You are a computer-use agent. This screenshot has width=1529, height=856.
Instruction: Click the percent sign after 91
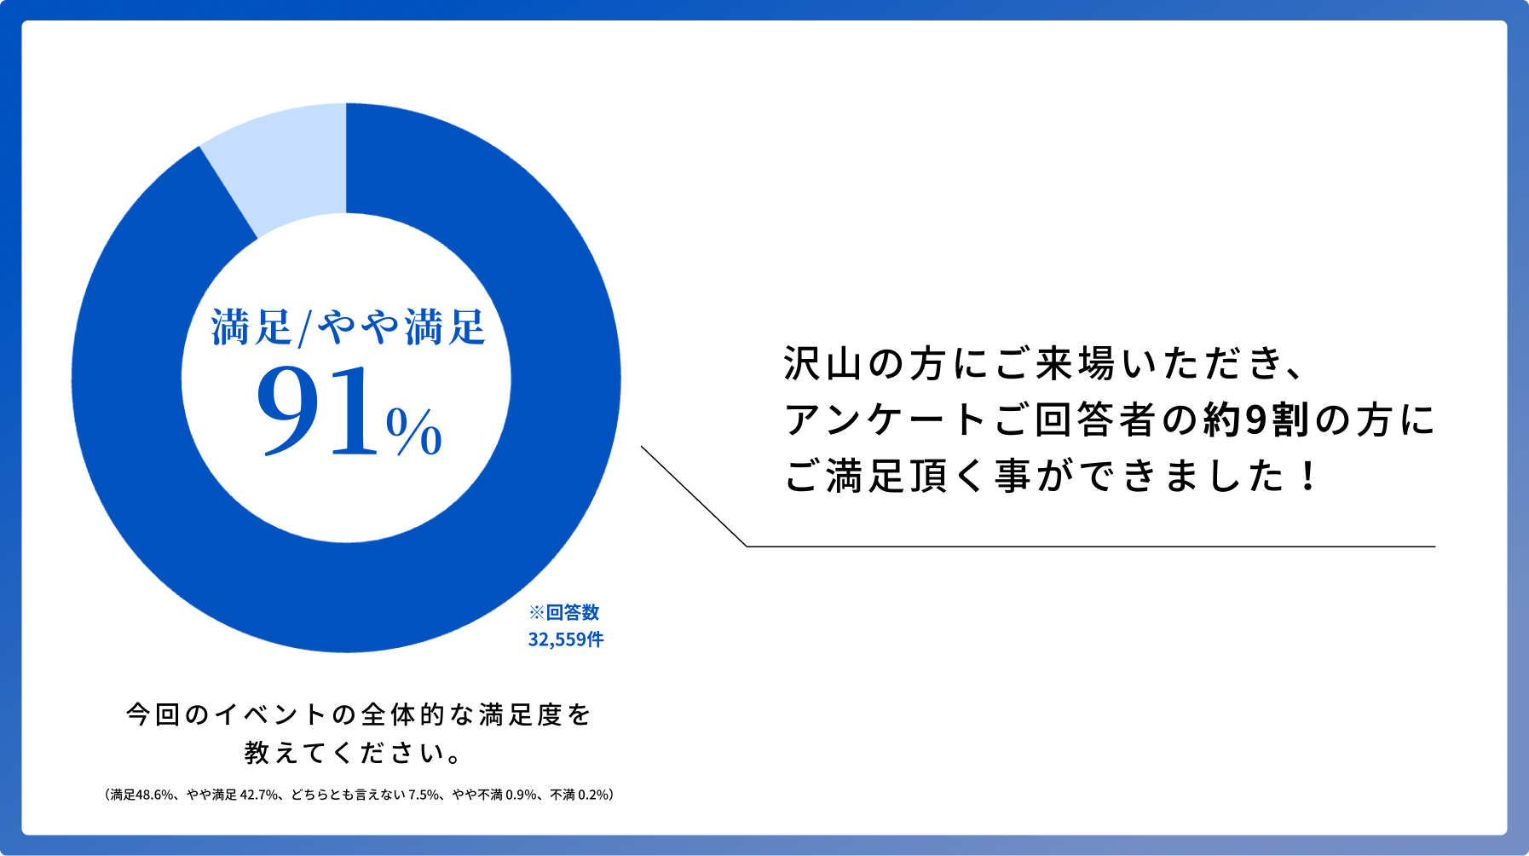click(x=414, y=431)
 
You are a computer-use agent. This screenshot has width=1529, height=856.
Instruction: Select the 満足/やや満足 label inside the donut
click(x=349, y=327)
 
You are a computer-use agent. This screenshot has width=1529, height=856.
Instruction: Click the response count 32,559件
click(x=566, y=639)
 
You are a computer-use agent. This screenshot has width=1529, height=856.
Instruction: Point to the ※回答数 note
click(x=564, y=612)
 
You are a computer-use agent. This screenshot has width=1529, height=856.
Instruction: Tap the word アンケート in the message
click(x=886, y=419)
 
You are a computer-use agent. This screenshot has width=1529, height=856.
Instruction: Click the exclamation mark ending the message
click(x=1308, y=476)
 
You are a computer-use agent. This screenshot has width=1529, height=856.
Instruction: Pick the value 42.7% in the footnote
click(x=259, y=795)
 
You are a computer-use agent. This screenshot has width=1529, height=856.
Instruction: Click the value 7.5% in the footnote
click(x=424, y=795)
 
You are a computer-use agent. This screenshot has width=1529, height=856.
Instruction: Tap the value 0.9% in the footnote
click(x=522, y=795)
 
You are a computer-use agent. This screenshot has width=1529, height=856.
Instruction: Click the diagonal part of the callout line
click(x=694, y=496)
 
